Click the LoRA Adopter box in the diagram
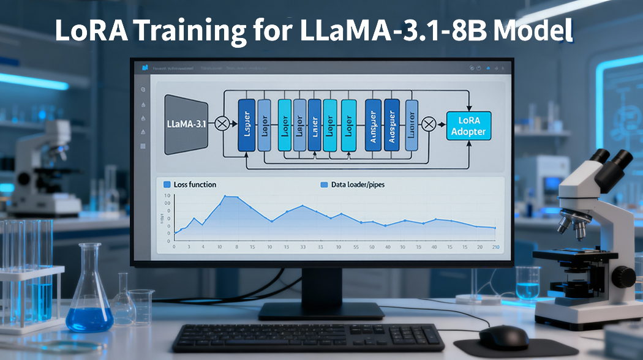[470, 126]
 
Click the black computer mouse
[503, 336]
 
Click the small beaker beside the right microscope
[527, 283]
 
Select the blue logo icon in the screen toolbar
[145, 67]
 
